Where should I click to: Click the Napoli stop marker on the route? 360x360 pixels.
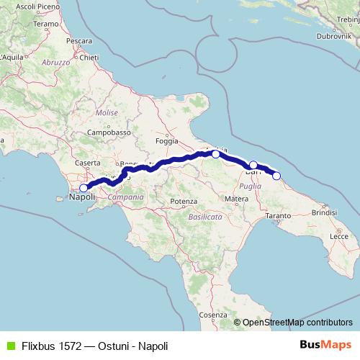click(84, 189)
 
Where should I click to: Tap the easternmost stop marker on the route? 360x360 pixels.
click(276, 175)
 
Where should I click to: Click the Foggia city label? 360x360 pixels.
click(166, 141)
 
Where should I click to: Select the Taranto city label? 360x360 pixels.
click(278, 215)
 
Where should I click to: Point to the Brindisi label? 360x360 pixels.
click(324, 212)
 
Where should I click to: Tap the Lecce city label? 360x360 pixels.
click(338, 235)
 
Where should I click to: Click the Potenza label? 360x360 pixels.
click(184, 201)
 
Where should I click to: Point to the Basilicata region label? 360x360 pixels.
click(205, 216)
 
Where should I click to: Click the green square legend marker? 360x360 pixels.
click(9, 345)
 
